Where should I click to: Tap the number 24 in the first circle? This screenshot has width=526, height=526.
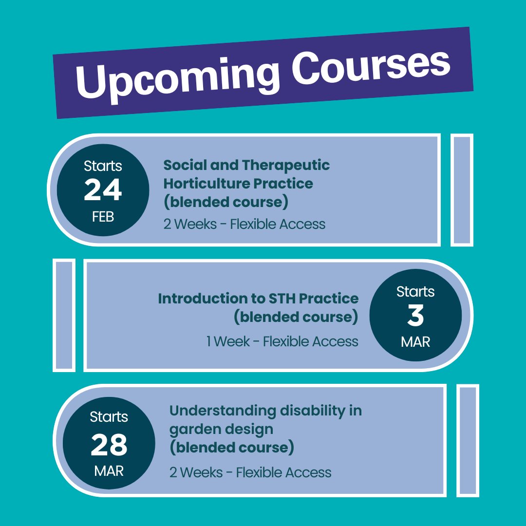coord(103,190)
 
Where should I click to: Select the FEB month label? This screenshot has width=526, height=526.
coord(103,217)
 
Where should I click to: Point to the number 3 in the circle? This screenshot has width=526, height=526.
coord(415,316)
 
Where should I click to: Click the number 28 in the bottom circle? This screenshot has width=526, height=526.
coord(109,445)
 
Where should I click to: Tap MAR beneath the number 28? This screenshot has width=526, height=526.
coord(109,471)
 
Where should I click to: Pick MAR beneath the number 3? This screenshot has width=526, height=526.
coord(415,342)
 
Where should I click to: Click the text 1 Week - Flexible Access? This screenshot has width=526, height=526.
coord(282,341)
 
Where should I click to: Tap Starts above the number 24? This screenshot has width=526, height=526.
coord(103,166)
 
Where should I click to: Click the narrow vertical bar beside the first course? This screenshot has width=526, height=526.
coord(462,190)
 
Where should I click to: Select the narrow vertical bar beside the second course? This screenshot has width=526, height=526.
coord(64,315)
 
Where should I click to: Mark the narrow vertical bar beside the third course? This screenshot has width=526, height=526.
coord(468,441)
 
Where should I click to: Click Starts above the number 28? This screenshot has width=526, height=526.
coord(109,417)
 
